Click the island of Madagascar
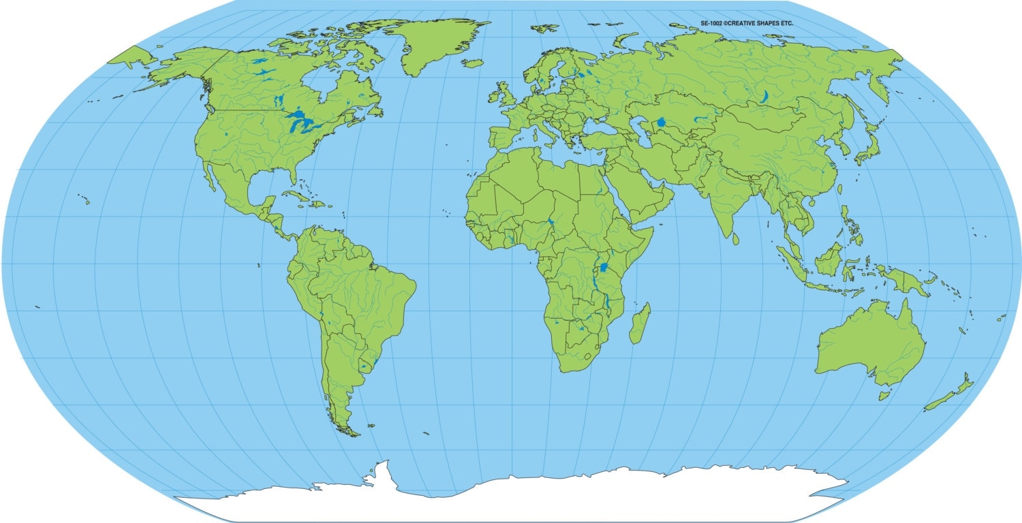(x=639, y=324)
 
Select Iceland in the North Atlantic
(x=472, y=63)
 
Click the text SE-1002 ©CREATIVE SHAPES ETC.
(x=747, y=23)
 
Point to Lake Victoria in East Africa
(x=603, y=267)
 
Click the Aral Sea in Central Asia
(x=661, y=123)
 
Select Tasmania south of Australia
(x=884, y=395)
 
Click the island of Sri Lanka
(x=736, y=239)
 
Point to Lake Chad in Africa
(x=550, y=223)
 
